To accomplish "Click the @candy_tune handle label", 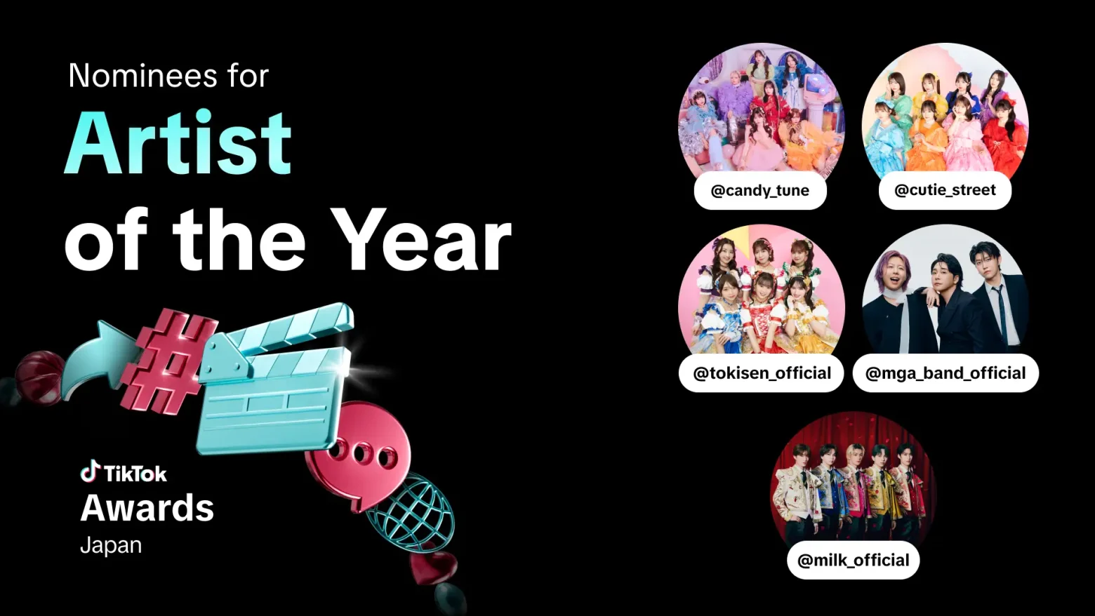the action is click(x=760, y=191).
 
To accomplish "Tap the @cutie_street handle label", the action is click(x=945, y=190).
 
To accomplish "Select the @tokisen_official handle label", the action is click(x=762, y=373).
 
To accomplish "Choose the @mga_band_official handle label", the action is click(x=945, y=373).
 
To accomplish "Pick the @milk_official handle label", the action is click(x=854, y=560).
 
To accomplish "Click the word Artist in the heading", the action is click(x=178, y=142).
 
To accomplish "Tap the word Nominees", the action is click(x=142, y=76).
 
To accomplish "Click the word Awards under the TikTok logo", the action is click(x=147, y=508).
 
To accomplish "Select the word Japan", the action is click(x=111, y=546).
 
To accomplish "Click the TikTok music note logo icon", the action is click(x=90, y=471).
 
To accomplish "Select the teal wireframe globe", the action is click(x=413, y=513).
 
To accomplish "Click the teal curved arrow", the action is click(x=98, y=359).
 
